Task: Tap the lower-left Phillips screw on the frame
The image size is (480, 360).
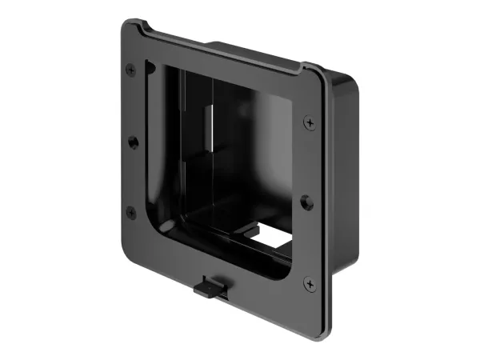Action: pyautogui.click(x=131, y=212)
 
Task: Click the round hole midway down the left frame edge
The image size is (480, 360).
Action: pyautogui.click(x=132, y=141)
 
